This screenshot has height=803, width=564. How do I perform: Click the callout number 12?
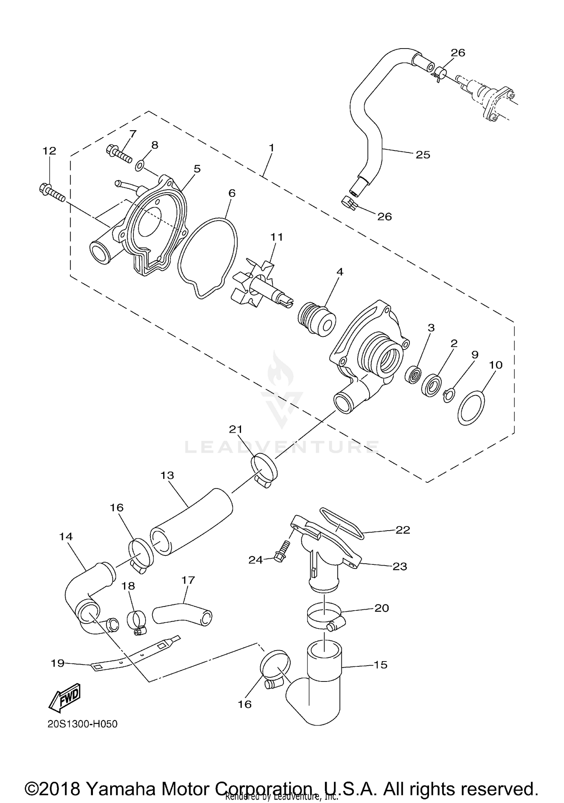click(x=49, y=151)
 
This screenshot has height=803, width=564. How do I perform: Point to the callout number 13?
click(x=167, y=475)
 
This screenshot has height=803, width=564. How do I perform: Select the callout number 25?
click(x=423, y=155)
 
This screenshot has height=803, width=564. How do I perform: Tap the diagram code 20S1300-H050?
click(x=82, y=724)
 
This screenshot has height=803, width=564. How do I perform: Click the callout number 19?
click(x=58, y=663)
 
